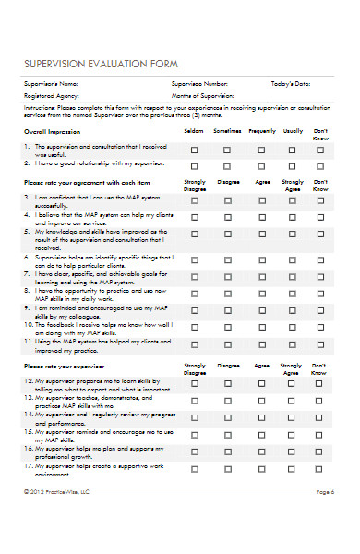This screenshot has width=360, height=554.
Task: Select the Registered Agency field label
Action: pyautogui.click(x=49, y=95)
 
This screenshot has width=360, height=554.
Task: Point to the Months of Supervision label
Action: pyautogui.click(x=203, y=95)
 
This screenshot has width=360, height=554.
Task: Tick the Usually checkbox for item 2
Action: pyautogui.click(x=293, y=164)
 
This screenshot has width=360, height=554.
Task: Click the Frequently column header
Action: pyautogui.click(x=261, y=131)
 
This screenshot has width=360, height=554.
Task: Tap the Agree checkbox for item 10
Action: pyautogui.click(x=261, y=325)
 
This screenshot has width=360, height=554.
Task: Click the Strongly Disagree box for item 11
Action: pyautogui.click(x=195, y=343)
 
